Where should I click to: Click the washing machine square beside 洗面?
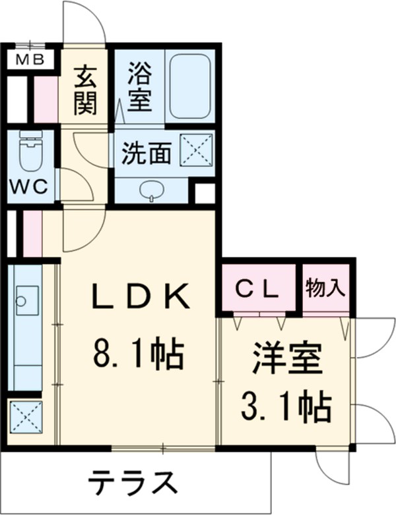tap(197, 149)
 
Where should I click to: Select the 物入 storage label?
tap(325, 287)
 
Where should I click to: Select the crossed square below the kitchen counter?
tap(26, 416)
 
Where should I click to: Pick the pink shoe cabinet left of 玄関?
tap(46, 99)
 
